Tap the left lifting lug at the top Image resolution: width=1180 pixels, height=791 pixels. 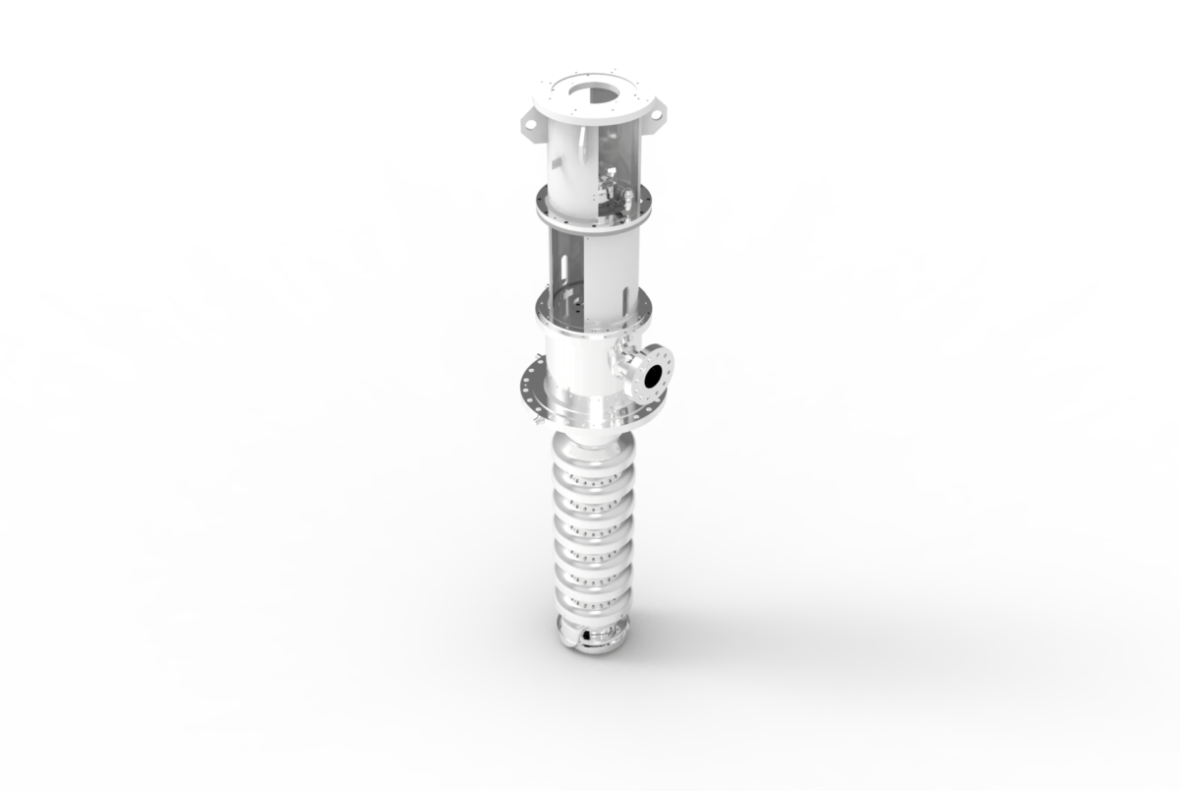coord(528,123)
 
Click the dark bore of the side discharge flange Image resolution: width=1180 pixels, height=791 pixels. coord(652,375)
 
